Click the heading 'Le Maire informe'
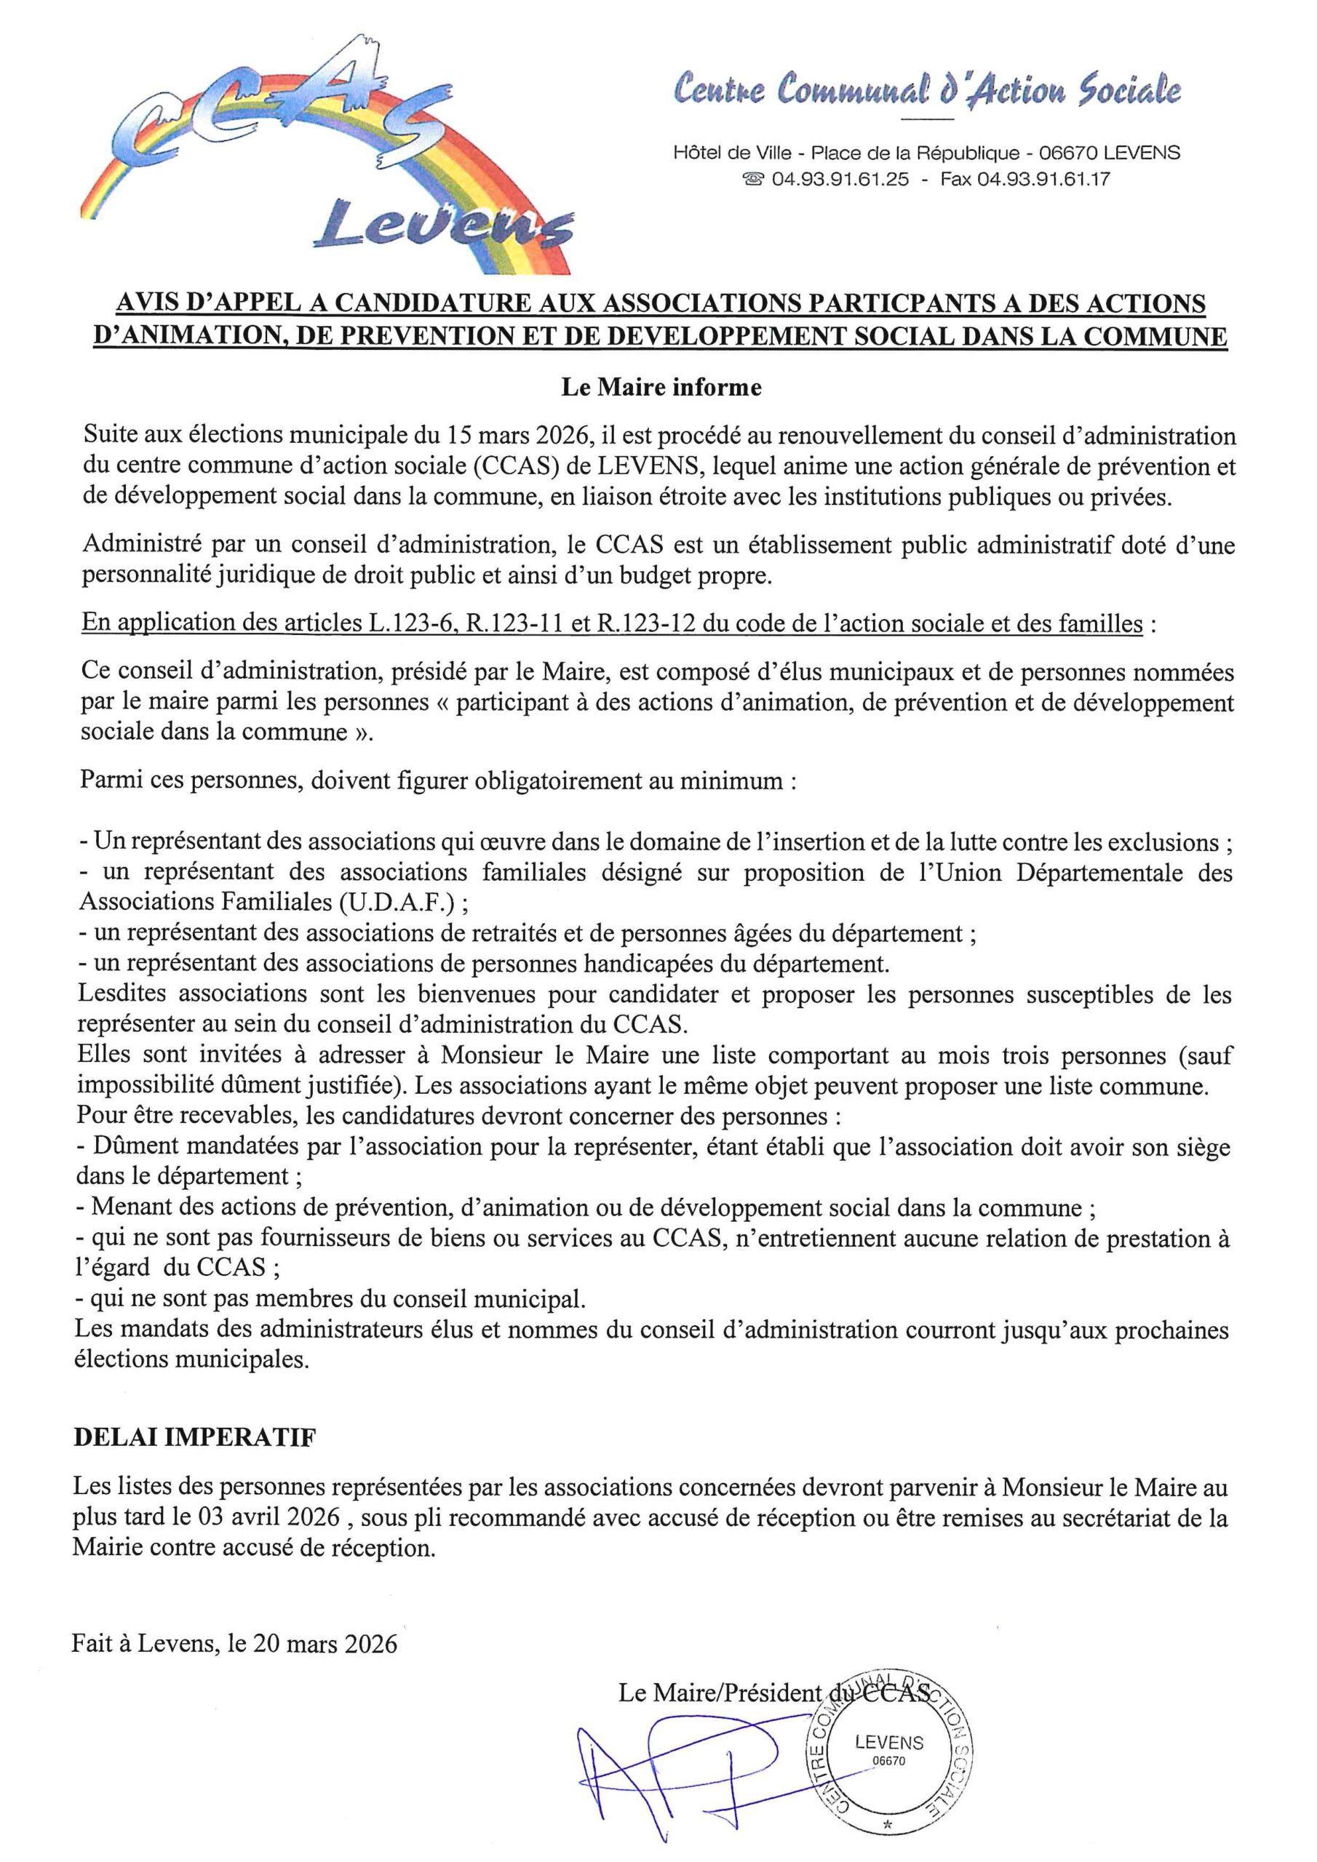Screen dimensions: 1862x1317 (661, 388)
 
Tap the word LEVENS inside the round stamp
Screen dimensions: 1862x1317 (888, 1743)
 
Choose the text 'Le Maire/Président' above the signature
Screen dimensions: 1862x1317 (719, 1693)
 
